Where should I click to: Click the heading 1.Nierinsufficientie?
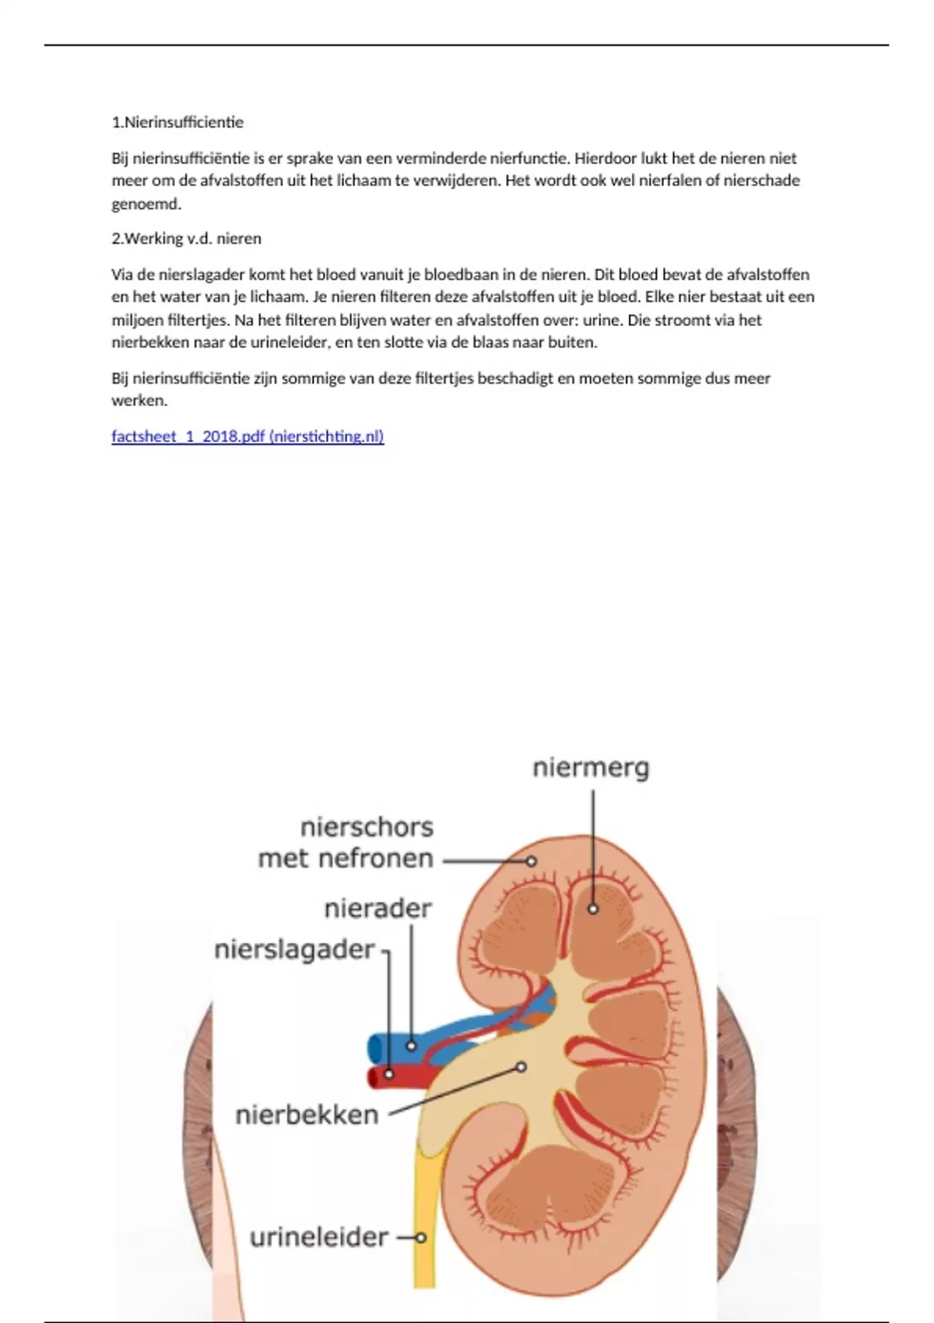click(177, 122)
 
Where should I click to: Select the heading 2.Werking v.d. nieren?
click(186, 239)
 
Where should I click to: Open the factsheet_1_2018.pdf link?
click(248, 437)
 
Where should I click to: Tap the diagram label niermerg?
click(591, 768)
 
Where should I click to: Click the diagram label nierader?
click(377, 908)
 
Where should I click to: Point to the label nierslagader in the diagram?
click(294, 949)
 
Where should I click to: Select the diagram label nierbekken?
click(307, 1115)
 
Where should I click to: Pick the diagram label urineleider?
click(318, 1237)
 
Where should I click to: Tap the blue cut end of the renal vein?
click(374, 1048)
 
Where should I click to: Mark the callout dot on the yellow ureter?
click(421, 1237)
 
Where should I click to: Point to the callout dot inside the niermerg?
click(593, 908)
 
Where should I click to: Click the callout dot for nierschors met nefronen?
click(532, 862)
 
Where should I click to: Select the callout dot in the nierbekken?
click(521, 1067)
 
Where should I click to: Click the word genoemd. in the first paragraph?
click(146, 205)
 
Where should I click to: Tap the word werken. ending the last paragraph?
click(139, 401)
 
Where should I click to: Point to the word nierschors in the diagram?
click(367, 826)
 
